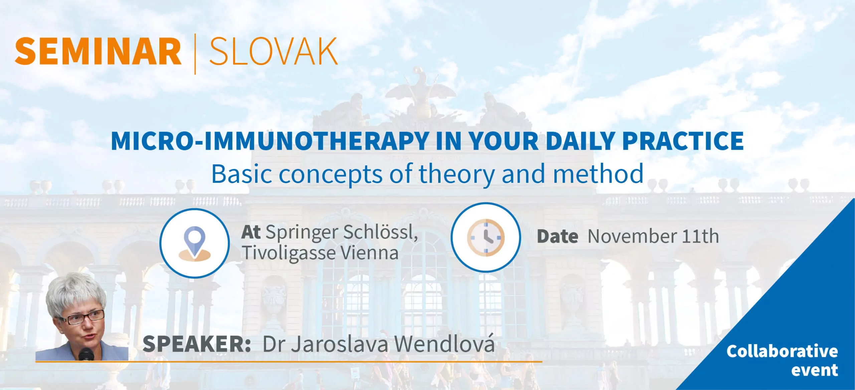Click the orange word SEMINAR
98,52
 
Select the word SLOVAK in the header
273,52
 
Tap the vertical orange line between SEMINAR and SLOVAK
195,53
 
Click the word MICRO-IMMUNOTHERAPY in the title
270,141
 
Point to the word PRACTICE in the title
683,141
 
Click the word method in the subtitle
598,174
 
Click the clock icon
486,237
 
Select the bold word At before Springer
251,232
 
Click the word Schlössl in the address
380,232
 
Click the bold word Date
557,237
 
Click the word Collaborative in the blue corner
782,352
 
